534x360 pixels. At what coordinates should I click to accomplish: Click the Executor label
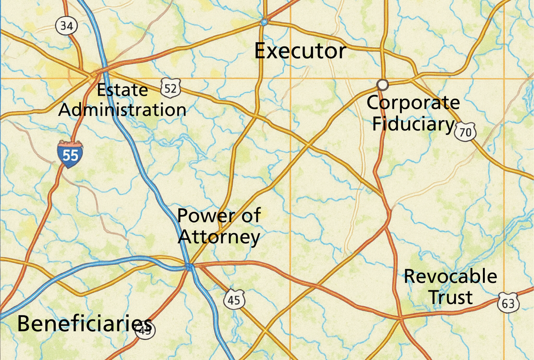(x=300, y=51)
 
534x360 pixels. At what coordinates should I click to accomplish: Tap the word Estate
(x=122, y=90)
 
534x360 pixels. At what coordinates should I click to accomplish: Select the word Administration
(x=122, y=110)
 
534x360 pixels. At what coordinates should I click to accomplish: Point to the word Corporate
(x=413, y=103)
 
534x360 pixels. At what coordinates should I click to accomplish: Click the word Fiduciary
(x=413, y=124)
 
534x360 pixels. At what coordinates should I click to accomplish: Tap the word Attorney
(x=219, y=236)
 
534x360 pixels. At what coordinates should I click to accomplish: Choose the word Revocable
(x=450, y=276)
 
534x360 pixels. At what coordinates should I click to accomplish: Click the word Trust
(x=450, y=297)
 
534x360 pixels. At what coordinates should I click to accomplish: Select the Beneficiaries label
(x=84, y=324)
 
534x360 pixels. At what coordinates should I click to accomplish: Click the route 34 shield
(x=67, y=26)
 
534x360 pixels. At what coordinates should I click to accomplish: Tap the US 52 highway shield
(x=170, y=89)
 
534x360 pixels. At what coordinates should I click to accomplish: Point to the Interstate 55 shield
(x=70, y=154)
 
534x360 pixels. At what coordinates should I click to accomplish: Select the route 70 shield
(x=465, y=132)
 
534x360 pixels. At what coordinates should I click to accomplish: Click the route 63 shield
(x=508, y=303)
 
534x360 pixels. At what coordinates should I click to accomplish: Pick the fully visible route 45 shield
(x=234, y=299)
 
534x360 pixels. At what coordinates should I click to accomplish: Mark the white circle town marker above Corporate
(x=382, y=84)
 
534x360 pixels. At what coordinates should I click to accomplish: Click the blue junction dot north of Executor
(x=264, y=22)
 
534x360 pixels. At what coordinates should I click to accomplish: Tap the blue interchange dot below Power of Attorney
(x=189, y=266)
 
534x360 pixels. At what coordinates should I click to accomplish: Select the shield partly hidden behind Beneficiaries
(x=146, y=330)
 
